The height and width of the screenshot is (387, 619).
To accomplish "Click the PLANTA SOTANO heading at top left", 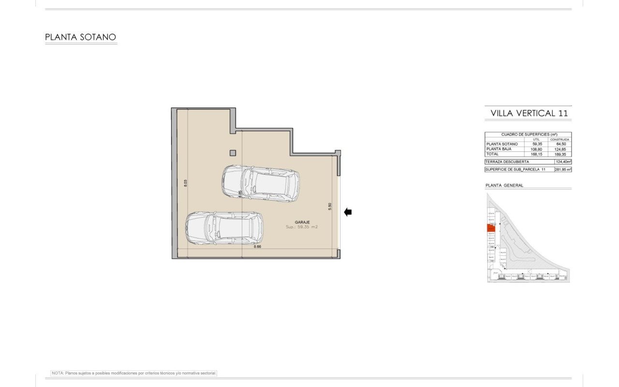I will [x=80, y=37].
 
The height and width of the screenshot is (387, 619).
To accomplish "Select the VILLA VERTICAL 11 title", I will [x=529, y=113].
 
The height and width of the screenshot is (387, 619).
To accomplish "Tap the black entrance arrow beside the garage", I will [x=348, y=212].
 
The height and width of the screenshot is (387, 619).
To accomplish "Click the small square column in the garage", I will [x=233, y=153].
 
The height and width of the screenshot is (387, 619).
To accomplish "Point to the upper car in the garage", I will [x=261, y=183].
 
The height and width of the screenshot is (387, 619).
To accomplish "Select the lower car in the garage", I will [x=225, y=228].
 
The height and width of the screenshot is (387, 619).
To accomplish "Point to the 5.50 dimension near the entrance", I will [x=330, y=205].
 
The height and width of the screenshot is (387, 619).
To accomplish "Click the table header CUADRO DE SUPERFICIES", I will [x=528, y=134].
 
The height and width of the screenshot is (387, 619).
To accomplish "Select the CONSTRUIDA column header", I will [x=560, y=139].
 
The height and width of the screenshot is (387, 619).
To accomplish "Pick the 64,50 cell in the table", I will [x=560, y=144].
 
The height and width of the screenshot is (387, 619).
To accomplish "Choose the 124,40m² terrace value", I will [x=563, y=162].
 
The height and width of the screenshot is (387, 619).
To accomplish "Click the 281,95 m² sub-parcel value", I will [x=563, y=170].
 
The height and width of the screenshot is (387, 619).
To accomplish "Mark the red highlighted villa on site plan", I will [x=490, y=228].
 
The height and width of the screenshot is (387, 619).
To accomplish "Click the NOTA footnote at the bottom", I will [x=134, y=373].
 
